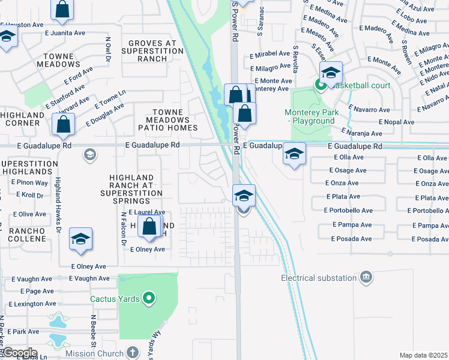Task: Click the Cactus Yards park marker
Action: coord(149,298)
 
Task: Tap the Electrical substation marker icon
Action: coord(366,277)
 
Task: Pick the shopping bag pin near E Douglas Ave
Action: coord(63,125)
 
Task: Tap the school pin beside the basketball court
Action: coord(330,73)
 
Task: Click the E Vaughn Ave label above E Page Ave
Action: coord(89,278)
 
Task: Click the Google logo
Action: coord(20,353)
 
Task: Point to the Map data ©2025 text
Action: coord(423,355)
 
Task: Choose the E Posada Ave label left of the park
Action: coord(351,239)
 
